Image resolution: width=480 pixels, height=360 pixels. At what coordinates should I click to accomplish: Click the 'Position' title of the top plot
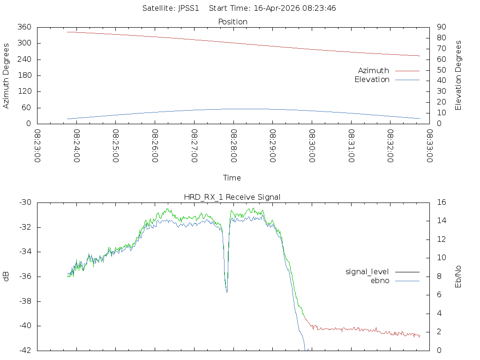pyautogui.click(x=232, y=22)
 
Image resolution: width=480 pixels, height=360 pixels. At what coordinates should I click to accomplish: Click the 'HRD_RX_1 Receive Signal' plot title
pyautogui.click(x=232, y=197)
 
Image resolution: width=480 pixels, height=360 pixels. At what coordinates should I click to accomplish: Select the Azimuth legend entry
pyautogui.click(x=374, y=70)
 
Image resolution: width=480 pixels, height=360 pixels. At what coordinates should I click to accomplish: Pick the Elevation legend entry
pyautogui.click(x=372, y=80)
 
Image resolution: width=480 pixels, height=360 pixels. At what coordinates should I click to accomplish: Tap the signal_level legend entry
pyautogui.click(x=367, y=271)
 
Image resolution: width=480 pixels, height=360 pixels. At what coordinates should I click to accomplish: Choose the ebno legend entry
pyautogui.click(x=380, y=280)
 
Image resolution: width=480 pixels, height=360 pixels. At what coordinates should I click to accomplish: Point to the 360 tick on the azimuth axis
pyautogui.click(x=24, y=27)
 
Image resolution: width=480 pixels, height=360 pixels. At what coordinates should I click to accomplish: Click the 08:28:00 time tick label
pyautogui.click(x=233, y=146)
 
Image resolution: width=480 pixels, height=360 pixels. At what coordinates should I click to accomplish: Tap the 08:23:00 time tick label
pyautogui.click(x=38, y=146)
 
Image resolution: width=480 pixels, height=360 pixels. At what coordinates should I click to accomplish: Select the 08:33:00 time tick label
pyautogui.click(x=429, y=146)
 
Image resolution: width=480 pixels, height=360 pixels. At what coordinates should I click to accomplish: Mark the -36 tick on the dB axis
pyautogui.click(x=24, y=277)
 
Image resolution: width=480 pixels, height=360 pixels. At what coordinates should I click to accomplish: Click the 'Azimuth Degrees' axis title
pyautogui.click(x=7, y=75)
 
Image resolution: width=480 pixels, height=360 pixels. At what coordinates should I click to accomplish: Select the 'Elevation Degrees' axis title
pyautogui.click(x=458, y=75)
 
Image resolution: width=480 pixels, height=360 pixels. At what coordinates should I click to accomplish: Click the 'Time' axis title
pyautogui.click(x=232, y=178)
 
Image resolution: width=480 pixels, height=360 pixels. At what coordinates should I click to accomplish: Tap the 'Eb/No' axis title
pyautogui.click(x=458, y=277)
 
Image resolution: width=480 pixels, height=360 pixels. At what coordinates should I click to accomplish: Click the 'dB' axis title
pyautogui.click(x=7, y=277)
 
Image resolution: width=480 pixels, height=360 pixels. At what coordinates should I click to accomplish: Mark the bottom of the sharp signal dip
pyautogui.click(x=227, y=292)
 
